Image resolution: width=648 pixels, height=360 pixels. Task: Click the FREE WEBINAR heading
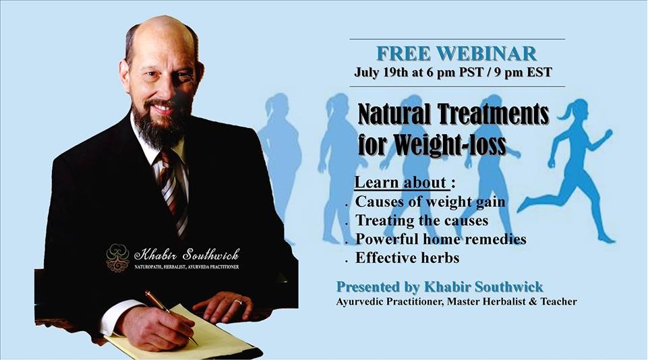[x=456, y=54]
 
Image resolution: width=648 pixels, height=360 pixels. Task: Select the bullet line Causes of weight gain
[x=430, y=202]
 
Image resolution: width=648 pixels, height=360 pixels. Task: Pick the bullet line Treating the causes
[x=422, y=220]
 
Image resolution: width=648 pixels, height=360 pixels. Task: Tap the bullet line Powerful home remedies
[x=441, y=239]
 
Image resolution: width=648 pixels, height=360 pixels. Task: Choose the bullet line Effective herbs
[x=407, y=258]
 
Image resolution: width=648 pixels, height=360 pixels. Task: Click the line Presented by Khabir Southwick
[x=440, y=287]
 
